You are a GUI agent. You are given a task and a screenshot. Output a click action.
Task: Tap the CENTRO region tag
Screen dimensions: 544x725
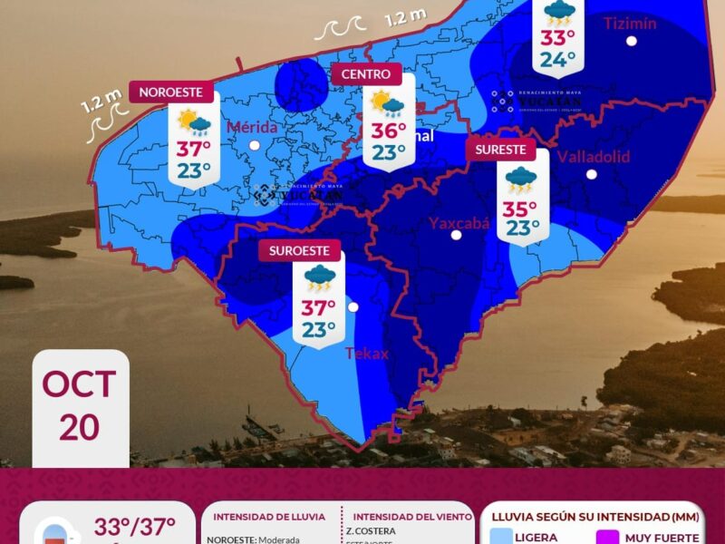pos(366,74)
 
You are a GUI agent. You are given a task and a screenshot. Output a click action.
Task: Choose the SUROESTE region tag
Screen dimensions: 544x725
pos(298,250)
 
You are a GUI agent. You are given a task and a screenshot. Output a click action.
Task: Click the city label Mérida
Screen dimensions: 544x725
pos(253,127)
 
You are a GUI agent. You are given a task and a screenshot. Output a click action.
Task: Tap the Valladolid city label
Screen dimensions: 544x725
pos(593,157)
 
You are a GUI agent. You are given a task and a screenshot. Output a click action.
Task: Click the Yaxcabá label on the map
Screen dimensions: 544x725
pos(459,221)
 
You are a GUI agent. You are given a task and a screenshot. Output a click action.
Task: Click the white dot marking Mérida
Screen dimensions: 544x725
pos(255,145)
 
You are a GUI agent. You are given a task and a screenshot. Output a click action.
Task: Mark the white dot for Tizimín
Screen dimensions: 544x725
pos(631,41)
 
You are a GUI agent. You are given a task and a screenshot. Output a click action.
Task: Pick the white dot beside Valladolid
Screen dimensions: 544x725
pos(591,174)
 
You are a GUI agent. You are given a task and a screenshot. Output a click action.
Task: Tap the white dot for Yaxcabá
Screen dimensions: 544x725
pos(457,235)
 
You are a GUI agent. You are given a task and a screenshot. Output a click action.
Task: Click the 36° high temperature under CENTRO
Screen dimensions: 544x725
pos(388,131)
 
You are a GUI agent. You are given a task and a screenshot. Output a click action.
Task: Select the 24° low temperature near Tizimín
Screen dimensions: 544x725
pos(558,60)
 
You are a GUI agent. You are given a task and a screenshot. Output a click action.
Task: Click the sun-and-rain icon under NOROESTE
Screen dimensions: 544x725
pos(194,121)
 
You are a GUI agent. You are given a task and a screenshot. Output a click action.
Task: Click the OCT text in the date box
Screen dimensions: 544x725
pos(79,384)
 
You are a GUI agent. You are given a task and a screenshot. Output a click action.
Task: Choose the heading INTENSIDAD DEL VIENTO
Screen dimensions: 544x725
pos(407,517)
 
